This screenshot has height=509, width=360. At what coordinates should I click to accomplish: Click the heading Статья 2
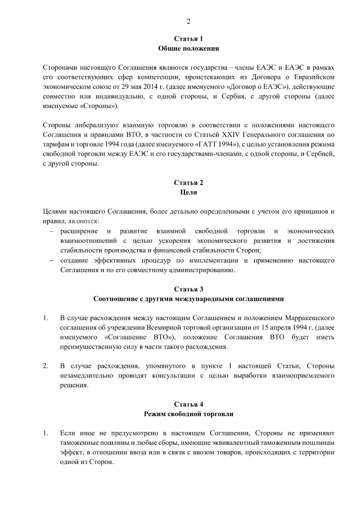tap(188, 183)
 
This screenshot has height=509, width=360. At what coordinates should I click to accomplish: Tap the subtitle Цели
tap(188, 193)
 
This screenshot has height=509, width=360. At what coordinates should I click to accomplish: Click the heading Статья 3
tap(188, 289)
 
